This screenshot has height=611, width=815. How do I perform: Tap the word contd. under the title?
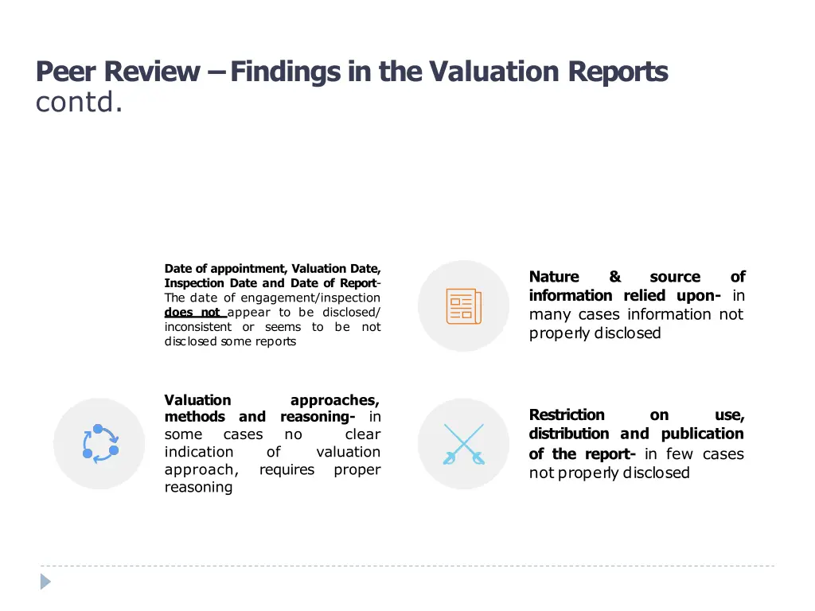coord(79,103)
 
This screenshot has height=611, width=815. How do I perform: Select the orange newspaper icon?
coord(464,306)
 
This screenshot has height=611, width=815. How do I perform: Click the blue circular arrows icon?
coord(99,444)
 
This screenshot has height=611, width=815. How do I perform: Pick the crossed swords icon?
coord(464,444)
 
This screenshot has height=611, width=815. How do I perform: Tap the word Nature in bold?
coord(554,277)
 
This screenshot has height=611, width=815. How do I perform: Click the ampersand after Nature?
coord(614,277)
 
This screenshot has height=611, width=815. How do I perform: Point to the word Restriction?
coord(567,414)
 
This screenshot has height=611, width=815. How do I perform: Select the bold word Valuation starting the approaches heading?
coord(197,400)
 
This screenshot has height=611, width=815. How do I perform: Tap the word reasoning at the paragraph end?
coord(198,487)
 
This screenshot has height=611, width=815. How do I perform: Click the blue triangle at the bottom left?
coord(46,582)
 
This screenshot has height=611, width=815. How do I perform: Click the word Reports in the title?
coord(618,72)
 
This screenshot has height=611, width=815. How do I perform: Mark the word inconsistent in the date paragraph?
coord(198,327)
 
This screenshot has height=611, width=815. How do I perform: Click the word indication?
coord(199,452)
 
